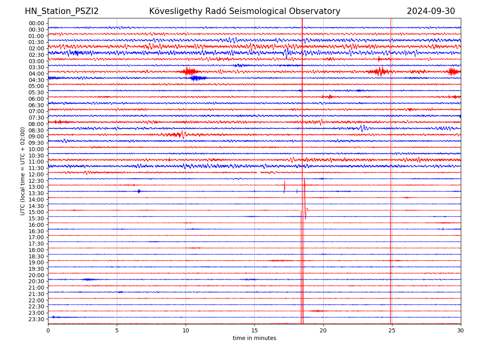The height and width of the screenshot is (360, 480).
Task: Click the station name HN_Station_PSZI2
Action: click(x=62, y=11)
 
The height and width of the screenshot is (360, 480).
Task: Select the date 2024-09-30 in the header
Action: click(x=431, y=11)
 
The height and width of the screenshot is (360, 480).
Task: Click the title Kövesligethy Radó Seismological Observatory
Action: click(x=244, y=11)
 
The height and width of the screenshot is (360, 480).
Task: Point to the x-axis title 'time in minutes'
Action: click(x=254, y=338)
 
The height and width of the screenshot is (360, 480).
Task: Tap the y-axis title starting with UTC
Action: click(x=23, y=171)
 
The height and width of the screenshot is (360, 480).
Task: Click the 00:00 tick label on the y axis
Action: click(x=36, y=23)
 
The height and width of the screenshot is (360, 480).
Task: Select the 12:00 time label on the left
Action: click(x=36, y=174)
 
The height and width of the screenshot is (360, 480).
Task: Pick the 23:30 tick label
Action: click(x=36, y=319)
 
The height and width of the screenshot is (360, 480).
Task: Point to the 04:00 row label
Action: click(x=36, y=74)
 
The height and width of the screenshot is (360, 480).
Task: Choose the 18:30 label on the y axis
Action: click(x=36, y=256)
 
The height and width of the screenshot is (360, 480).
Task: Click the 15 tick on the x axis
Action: click(x=254, y=331)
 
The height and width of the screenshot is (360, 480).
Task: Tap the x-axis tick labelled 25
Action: click(x=392, y=331)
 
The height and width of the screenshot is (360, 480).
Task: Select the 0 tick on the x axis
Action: click(x=48, y=331)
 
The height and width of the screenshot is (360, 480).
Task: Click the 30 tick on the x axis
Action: click(x=461, y=331)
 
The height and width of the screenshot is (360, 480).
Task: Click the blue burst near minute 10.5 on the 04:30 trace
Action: click(x=196, y=78)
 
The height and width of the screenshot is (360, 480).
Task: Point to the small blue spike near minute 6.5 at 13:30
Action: click(x=139, y=191)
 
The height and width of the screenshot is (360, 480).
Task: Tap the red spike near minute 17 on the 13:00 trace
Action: click(x=285, y=185)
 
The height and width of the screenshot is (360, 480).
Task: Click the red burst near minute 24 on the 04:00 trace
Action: click(x=379, y=72)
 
